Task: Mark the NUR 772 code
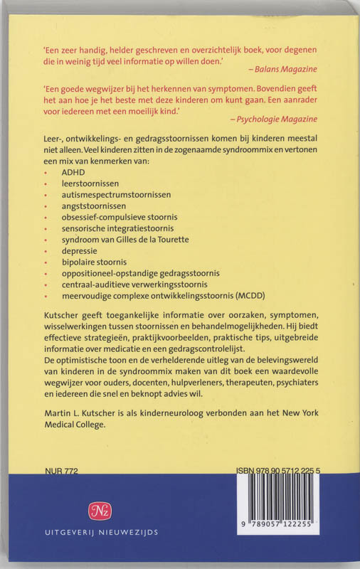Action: pos(60,472)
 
